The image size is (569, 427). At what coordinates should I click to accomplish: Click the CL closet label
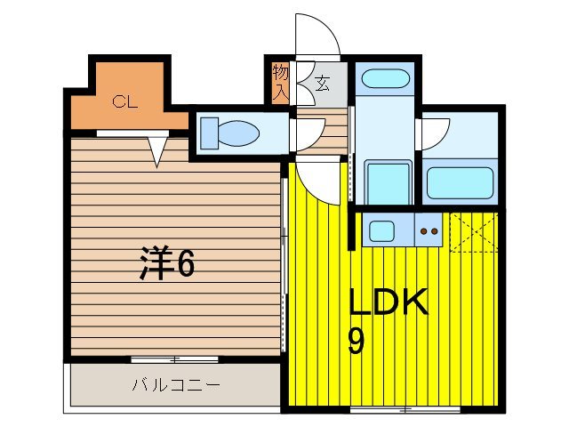click(124, 101)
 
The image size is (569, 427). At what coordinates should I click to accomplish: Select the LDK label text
click(389, 303)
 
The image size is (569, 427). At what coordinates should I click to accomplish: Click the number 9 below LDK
click(356, 340)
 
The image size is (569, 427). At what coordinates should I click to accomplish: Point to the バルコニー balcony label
click(176, 385)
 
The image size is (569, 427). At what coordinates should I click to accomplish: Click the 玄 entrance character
click(322, 85)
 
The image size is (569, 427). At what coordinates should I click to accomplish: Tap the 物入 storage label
click(280, 81)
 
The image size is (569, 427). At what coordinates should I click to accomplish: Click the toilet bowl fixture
click(228, 134)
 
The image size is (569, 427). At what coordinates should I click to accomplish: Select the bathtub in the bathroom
click(460, 182)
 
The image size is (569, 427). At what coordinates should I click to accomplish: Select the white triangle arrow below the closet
click(158, 151)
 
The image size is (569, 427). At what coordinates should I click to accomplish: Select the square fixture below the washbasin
click(388, 182)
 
